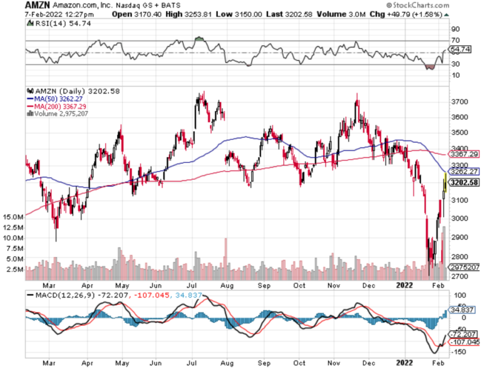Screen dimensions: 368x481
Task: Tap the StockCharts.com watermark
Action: [447, 6]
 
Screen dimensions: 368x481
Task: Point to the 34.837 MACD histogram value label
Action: [463, 310]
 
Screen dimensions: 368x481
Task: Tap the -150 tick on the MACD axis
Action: [459, 353]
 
